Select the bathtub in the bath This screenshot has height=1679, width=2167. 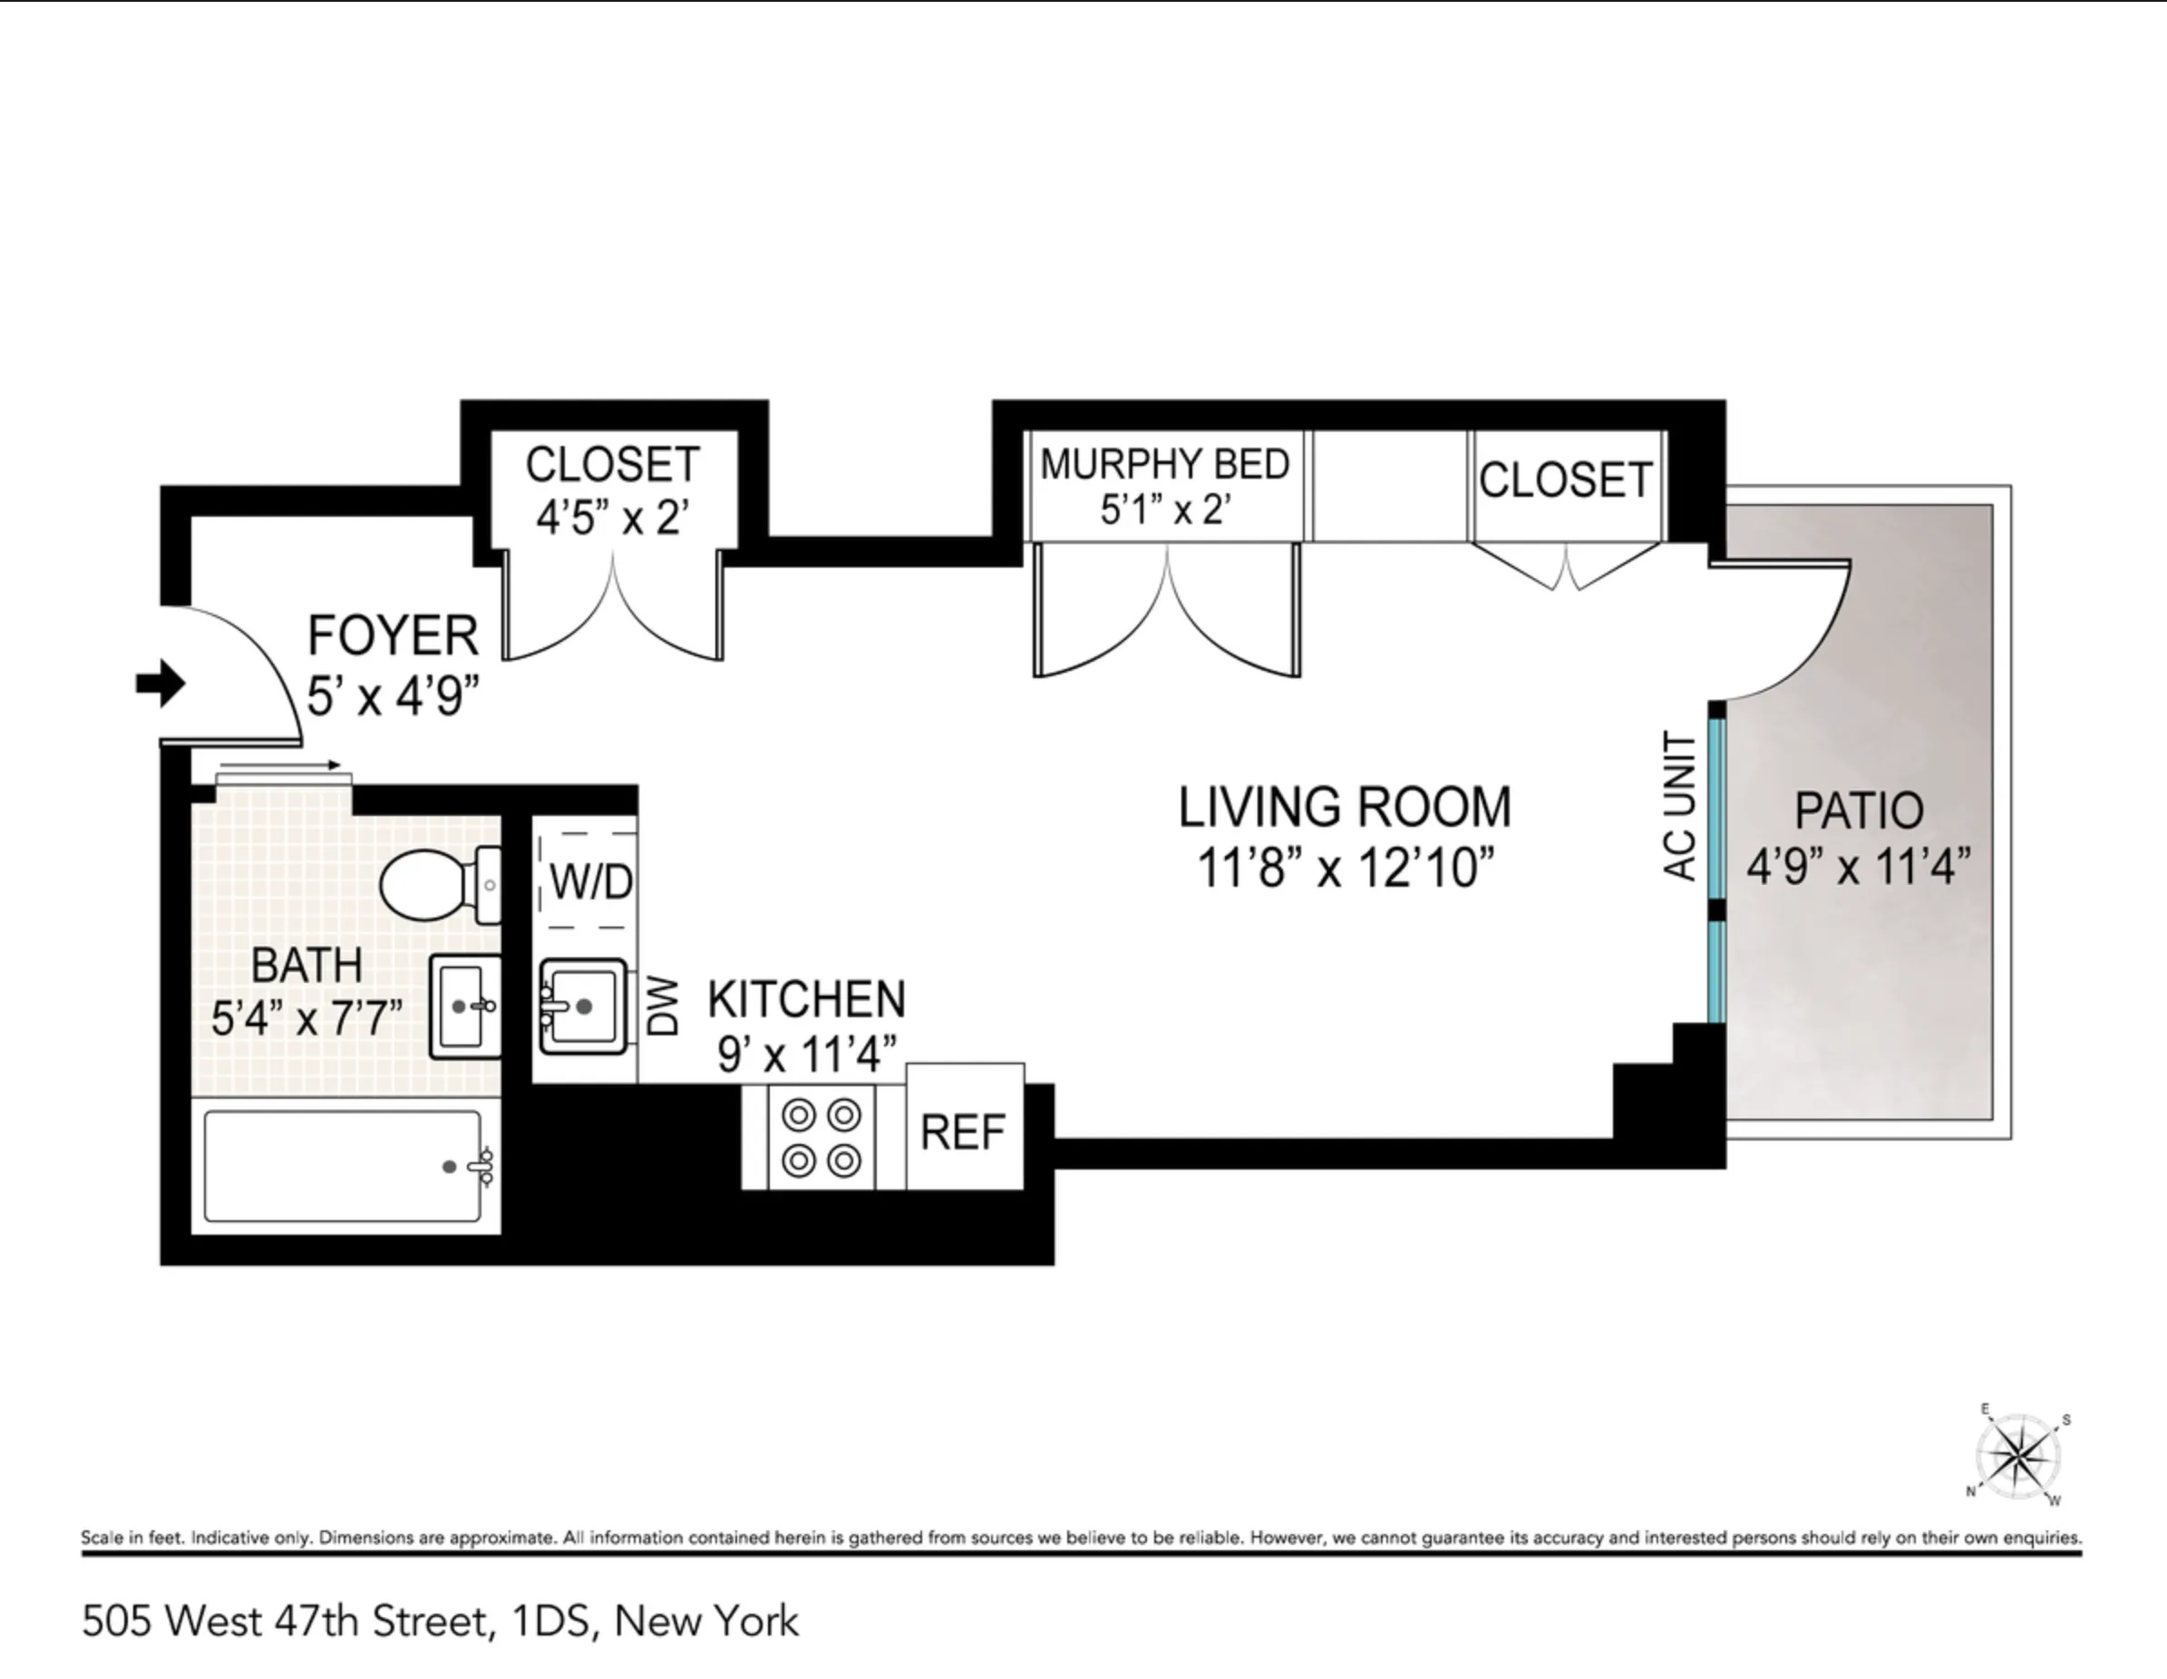(x=344, y=1166)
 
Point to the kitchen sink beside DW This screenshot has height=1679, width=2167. (x=582, y=1006)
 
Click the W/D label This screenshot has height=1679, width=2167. (x=590, y=881)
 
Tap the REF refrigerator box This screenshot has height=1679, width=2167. (x=962, y=1132)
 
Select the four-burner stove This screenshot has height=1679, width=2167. (x=821, y=1137)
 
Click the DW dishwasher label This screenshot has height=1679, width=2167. (x=663, y=1006)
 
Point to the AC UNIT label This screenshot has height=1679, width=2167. (x=1679, y=806)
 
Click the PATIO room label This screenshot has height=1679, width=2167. (x=1859, y=810)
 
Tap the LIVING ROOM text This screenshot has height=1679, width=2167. (x=1345, y=807)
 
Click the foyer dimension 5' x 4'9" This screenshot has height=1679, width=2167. (x=393, y=695)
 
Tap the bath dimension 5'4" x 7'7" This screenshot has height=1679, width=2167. (x=307, y=1018)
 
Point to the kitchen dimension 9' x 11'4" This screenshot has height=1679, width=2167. (x=807, y=1053)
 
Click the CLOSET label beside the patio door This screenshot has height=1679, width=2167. (x=1565, y=480)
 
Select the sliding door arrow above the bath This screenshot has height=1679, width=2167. (x=280, y=765)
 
